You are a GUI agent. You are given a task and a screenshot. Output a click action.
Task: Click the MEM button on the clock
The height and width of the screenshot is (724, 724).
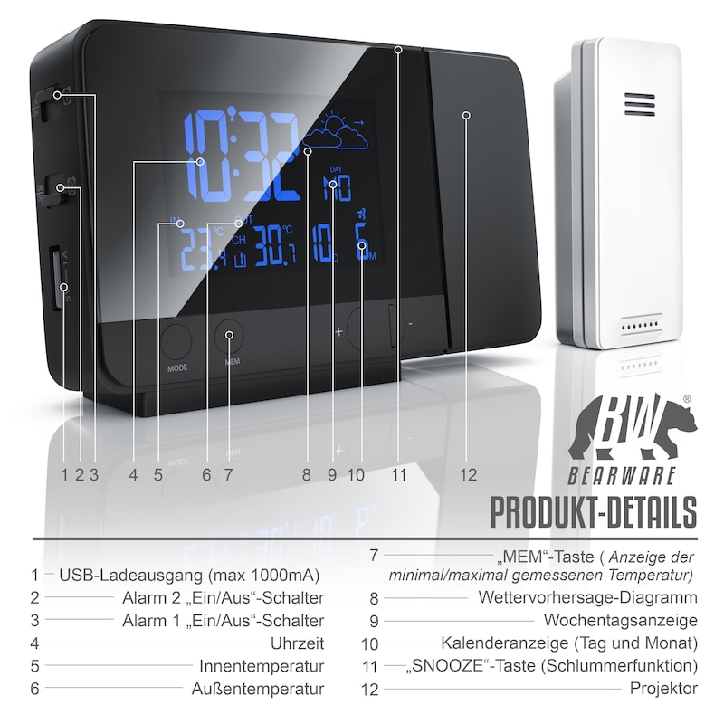pos(230,337)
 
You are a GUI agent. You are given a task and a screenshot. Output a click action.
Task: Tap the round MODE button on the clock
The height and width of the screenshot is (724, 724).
pos(177,343)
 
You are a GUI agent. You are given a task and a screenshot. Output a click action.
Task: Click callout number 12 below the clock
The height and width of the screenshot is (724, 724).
pos(467,473)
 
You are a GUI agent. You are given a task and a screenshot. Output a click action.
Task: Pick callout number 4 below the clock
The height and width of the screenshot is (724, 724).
pos(134,473)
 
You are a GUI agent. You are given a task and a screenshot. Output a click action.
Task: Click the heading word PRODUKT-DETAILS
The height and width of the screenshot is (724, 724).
pos(594,511)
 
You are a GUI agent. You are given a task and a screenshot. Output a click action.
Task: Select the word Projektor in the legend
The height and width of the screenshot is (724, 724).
pos(663,689)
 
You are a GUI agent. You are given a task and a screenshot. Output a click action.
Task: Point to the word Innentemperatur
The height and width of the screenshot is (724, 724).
pos(262,666)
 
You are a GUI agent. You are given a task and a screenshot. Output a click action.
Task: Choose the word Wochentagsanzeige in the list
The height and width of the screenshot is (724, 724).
pos(621,621)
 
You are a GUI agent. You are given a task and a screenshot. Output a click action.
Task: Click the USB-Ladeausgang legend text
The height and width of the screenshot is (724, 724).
pos(189,575)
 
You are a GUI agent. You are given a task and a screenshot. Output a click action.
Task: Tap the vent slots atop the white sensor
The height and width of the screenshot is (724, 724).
pos(637,105)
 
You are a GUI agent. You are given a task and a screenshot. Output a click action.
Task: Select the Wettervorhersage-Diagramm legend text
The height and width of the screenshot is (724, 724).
pos(587,598)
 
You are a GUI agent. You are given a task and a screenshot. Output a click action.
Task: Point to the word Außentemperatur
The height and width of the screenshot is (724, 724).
pos(258,689)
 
